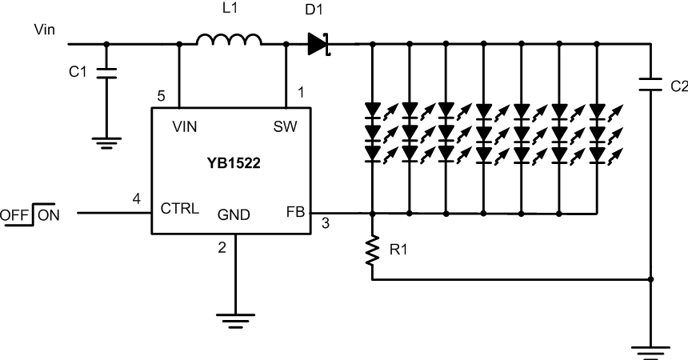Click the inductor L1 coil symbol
[x=229, y=39]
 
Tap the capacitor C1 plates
[x=106, y=73]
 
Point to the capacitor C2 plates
[x=650, y=84]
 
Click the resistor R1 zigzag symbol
[x=372, y=250]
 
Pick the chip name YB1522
[x=234, y=163]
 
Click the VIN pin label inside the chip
[x=185, y=126]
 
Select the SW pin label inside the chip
[x=286, y=126]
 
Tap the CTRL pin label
[x=179, y=208]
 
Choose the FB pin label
[x=295, y=212]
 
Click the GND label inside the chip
[x=234, y=214]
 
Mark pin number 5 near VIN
[x=161, y=96]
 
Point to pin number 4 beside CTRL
[x=137, y=199]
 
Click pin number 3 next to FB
[x=325, y=223]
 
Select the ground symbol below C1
[x=106, y=143]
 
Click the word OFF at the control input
[x=14, y=215]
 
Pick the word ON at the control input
[x=49, y=215]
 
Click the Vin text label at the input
[x=44, y=30]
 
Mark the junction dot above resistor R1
[x=372, y=214]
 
